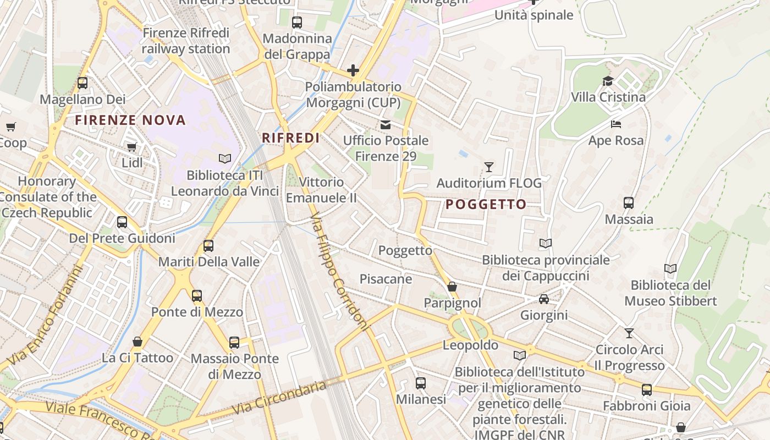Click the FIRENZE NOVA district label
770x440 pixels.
pyautogui.click(x=130, y=120)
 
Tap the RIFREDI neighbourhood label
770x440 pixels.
pyautogui.click(x=290, y=137)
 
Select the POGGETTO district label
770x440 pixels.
pyautogui.click(x=486, y=205)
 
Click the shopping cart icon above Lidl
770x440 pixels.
pyautogui.click(x=131, y=147)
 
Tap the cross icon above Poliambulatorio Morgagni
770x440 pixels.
pyautogui.click(x=353, y=70)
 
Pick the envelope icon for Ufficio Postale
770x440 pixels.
pyautogui.click(x=386, y=125)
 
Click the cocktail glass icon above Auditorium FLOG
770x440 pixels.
pyautogui.click(x=488, y=167)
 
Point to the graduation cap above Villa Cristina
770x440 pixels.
pyautogui.click(x=607, y=81)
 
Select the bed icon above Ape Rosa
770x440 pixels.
pyautogui.click(x=616, y=124)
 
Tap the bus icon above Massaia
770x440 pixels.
pyautogui.click(x=629, y=203)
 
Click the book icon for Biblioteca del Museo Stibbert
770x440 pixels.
pyautogui.click(x=670, y=269)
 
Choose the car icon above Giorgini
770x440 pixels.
pyautogui.click(x=544, y=299)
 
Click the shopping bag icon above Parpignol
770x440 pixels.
pyautogui.click(x=452, y=287)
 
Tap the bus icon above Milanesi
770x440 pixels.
pyautogui.click(x=421, y=383)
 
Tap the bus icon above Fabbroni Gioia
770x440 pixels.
pyautogui.click(x=647, y=390)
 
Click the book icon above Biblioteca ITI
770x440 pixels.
pyautogui.click(x=224, y=159)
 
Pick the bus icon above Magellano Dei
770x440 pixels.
pyautogui.click(x=82, y=83)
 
